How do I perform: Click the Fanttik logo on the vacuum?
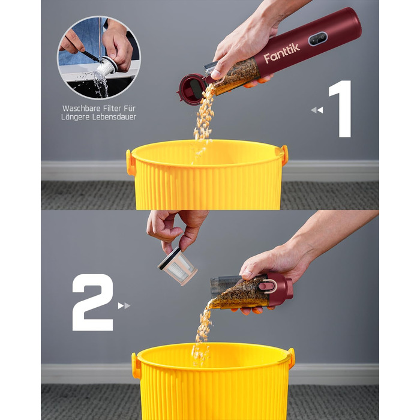pyautogui.click(x=281, y=53)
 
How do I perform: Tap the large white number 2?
pyautogui.click(x=92, y=302)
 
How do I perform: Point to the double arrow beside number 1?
pyautogui.click(x=317, y=110)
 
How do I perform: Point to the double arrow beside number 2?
pyautogui.click(x=124, y=305)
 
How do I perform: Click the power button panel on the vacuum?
pyautogui.click(x=318, y=39)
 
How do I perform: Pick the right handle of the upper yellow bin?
pyautogui.click(x=284, y=154)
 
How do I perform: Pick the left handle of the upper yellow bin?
pyautogui.click(x=130, y=163)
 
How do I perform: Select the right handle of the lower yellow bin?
pyautogui.click(x=292, y=358)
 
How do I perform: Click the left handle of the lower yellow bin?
pyautogui.click(x=136, y=365)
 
